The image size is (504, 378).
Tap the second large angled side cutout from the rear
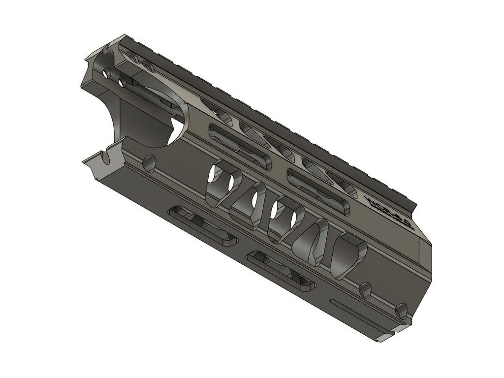[x=250, y=205]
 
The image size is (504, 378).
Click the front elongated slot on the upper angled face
[x=318, y=191]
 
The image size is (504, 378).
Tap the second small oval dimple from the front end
[x=365, y=290]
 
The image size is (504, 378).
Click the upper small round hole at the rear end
[x=107, y=72]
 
